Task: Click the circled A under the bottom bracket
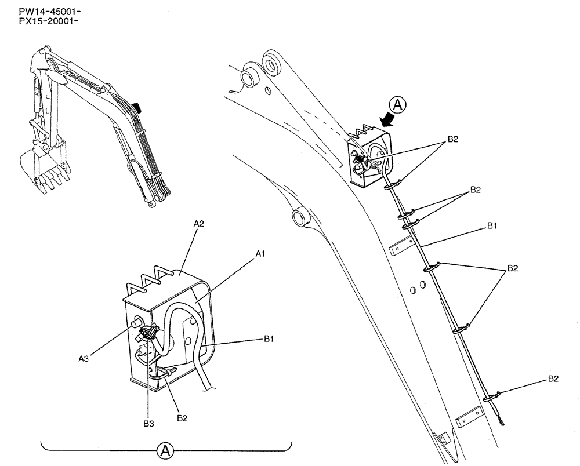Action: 166,450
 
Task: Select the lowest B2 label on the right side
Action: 553,378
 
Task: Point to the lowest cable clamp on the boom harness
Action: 491,397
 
